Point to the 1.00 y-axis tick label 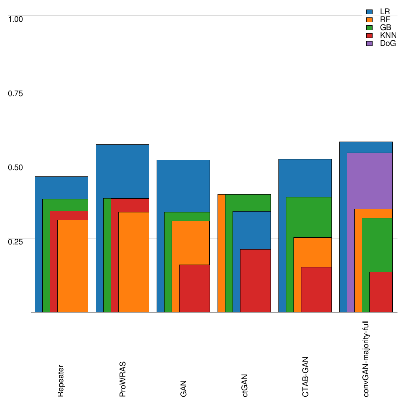click(x=16, y=19)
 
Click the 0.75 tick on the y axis click(x=16, y=93)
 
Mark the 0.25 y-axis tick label click(x=16, y=241)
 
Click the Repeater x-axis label click(x=61, y=380)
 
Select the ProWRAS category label click(x=123, y=379)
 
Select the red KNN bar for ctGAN click(x=255, y=281)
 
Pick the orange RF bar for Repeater click(x=73, y=266)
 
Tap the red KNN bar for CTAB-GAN click(x=316, y=290)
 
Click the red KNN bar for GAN click(x=195, y=288)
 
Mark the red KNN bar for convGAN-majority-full click(x=381, y=292)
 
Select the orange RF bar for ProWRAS click(x=134, y=262)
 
